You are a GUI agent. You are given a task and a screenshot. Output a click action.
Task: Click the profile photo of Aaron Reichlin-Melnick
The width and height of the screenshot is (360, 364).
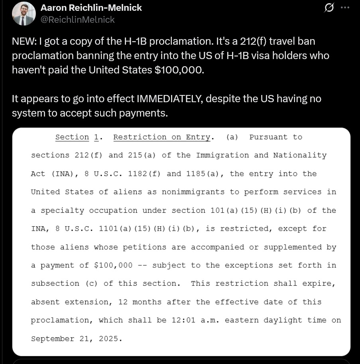click(x=24, y=14)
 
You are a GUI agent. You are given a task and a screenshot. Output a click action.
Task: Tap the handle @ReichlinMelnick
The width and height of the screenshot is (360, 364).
click(x=78, y=20)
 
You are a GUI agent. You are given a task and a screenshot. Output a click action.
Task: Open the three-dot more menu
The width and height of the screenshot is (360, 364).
click(x=345, y=8)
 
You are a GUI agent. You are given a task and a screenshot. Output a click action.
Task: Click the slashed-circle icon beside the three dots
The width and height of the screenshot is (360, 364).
click(x=329, y=8)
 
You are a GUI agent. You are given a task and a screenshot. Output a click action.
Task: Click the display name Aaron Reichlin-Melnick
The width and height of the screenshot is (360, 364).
click(x=91, y=8)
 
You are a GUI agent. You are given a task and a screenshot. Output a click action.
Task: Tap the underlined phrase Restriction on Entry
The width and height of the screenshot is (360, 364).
click(x=161, y=137)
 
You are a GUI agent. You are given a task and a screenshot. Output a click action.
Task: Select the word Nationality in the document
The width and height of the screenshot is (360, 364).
click(x=299, y=155)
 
